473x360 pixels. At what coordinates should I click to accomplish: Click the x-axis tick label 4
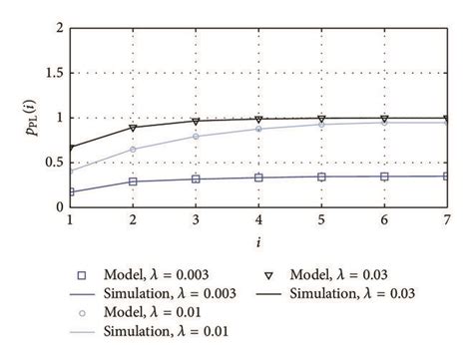[258, 218]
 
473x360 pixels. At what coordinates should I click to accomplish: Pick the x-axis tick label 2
[133, 218]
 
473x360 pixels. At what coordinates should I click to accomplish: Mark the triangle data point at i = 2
[133, 127]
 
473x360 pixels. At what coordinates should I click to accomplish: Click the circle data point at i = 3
[196, 136]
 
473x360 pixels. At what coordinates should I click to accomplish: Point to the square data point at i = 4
[258, 178]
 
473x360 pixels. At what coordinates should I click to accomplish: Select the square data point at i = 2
[133, 181]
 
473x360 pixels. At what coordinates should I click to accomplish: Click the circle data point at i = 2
[133, 150]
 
